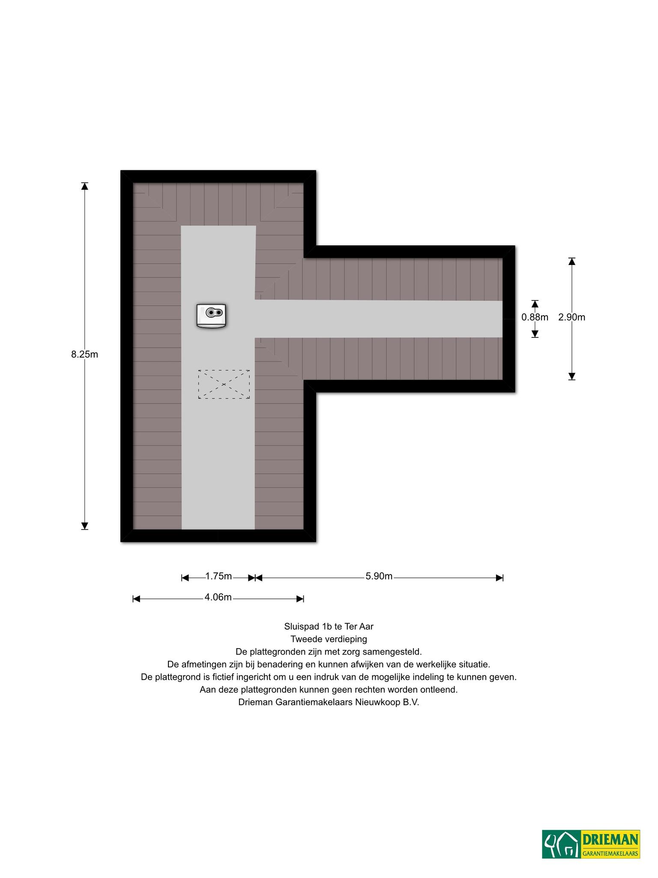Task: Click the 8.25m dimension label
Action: pyautogui.click(x=84, y=355)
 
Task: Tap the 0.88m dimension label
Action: pyautogui.click(x=535, y=317)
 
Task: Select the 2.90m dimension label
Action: pyautogui.click(x=571, y=317)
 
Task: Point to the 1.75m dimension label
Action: pyautogui.click(x=218, y=576)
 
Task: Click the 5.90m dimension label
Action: pyautogui.click(x=379, y=576)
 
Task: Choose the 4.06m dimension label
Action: pyautogui.click(x=218, y=597)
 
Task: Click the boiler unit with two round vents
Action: pyautogui.click(x=211, y=316)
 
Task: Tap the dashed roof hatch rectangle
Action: pyautogui.click(x=224, y=385)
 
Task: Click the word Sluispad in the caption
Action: pyautogui.click(x=300, y=627)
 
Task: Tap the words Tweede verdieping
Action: pyautogui.click(x=329, y=639)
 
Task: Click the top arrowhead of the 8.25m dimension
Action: pyautogui.click(x=85, y=186)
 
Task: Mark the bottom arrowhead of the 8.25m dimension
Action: pyautogui.click(x=85, y=526)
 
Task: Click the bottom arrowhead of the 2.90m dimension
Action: pyautogui.click(x=571, y=376)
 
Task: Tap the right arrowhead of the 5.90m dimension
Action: pyautogui.click(x=499, y=578)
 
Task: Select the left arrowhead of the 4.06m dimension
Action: pyautogui.click(x=137, y=598)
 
